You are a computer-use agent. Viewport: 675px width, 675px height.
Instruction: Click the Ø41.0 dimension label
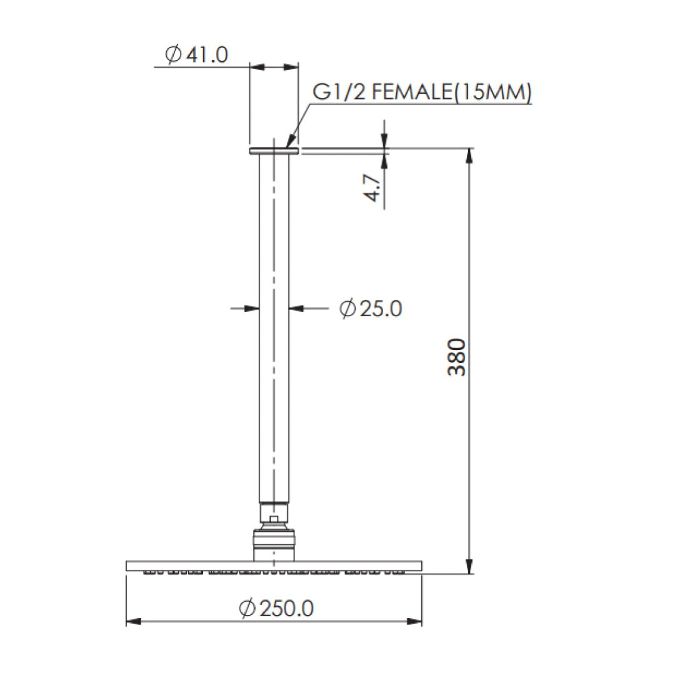(196, 54)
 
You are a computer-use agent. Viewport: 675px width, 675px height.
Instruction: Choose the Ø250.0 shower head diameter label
(276, 607)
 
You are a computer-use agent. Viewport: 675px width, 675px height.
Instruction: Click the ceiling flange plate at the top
(274, 151)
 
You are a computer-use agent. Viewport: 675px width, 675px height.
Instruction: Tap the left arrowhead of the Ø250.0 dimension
(132, 622)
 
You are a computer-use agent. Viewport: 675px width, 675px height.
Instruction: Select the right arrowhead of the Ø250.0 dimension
(416, 622)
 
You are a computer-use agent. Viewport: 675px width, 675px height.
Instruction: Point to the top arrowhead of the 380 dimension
(469, 156)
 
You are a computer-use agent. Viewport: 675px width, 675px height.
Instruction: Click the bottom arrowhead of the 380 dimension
(469, 566)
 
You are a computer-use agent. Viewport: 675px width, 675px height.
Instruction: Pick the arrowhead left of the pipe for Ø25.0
(252, 307)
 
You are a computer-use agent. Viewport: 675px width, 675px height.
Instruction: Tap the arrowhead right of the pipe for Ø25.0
(296, 307)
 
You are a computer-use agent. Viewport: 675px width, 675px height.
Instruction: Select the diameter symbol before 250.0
(247, 607)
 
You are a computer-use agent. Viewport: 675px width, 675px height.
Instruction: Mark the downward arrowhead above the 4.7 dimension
(384, 142)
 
